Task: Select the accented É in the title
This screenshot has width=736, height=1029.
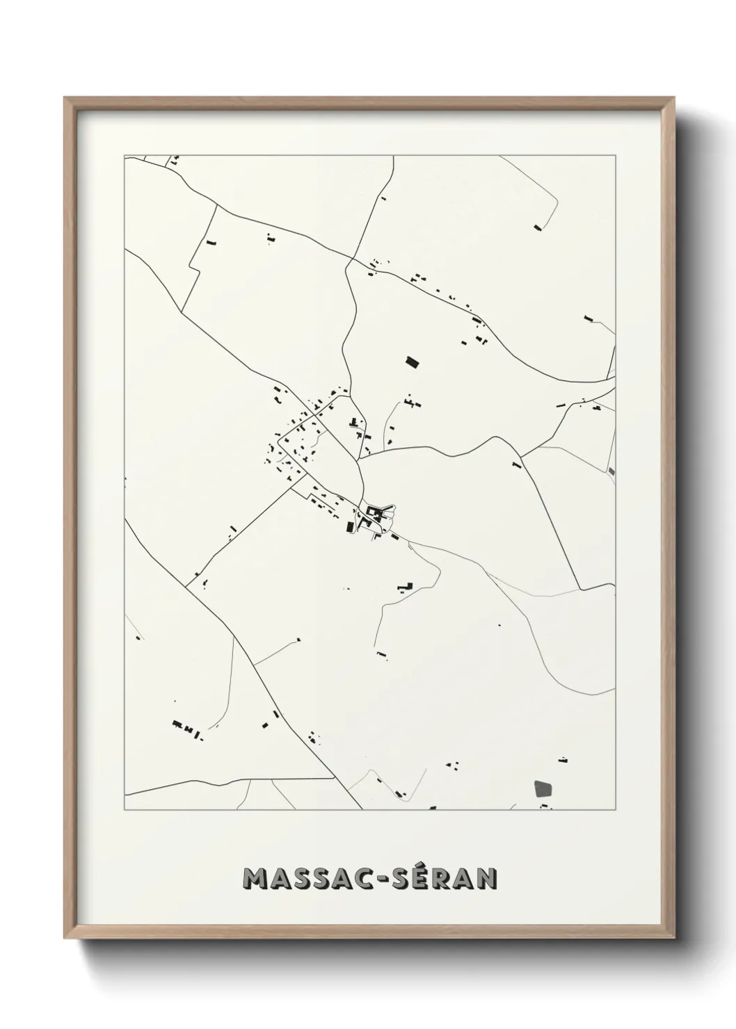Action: coord(410,877)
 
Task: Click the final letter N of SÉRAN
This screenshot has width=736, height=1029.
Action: coord(487,879)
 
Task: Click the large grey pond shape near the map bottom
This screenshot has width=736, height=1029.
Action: coord(543,789)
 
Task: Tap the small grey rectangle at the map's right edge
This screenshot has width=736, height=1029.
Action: coord(611,471)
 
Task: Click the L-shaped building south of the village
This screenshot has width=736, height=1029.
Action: coord(405,587)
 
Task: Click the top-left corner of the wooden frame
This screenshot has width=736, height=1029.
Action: coord(65,98)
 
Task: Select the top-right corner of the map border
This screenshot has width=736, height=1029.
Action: coord(615,156)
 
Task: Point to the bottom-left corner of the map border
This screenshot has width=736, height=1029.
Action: coord(125,810)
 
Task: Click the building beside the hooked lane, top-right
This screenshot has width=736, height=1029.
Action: coord(536,227)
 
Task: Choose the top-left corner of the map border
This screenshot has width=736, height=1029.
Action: coord(125,156)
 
